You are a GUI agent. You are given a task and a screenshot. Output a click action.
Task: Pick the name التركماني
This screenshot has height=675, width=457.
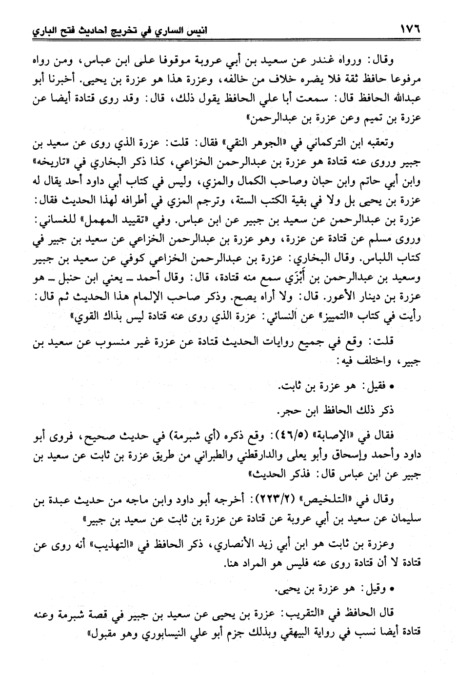pos(337,145)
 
